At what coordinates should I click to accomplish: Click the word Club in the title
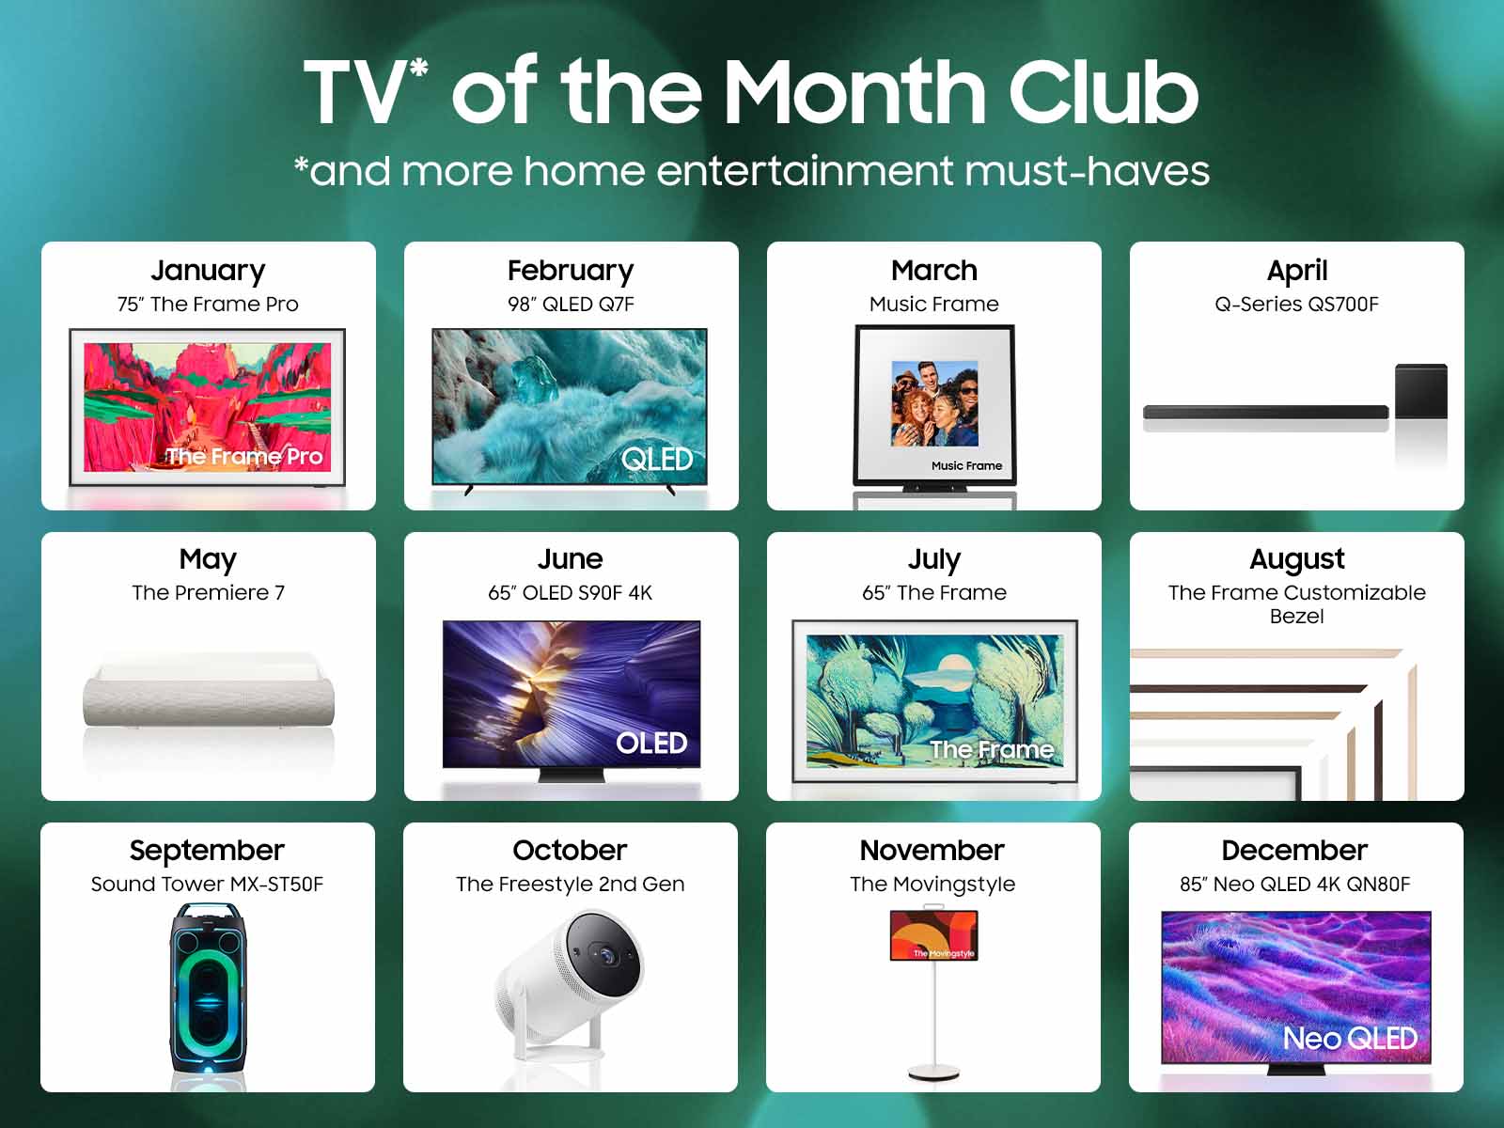pos(1104,92)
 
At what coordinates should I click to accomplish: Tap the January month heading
pos(208,272)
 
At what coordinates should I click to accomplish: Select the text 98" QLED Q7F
pos(571,304)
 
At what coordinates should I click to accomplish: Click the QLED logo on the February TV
pos(657,460)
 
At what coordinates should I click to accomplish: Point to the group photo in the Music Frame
pos(934,403)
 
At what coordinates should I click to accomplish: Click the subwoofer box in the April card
pos(1421,391)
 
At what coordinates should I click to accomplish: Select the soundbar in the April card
pos(1265,413)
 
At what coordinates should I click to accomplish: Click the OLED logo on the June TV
pos(650,744)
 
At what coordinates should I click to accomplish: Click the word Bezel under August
pos(1296,617)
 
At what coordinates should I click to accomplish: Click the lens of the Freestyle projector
pos(605,954)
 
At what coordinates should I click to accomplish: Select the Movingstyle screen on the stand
pos(934,935)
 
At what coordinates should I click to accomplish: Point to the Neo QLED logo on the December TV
pos(1350,1039)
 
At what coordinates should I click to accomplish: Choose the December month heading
pos(1294,851)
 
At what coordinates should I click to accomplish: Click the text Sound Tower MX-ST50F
pos(207,885)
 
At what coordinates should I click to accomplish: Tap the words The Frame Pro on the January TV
pos(244,456)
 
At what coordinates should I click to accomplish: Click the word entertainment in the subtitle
pos(805,170)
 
